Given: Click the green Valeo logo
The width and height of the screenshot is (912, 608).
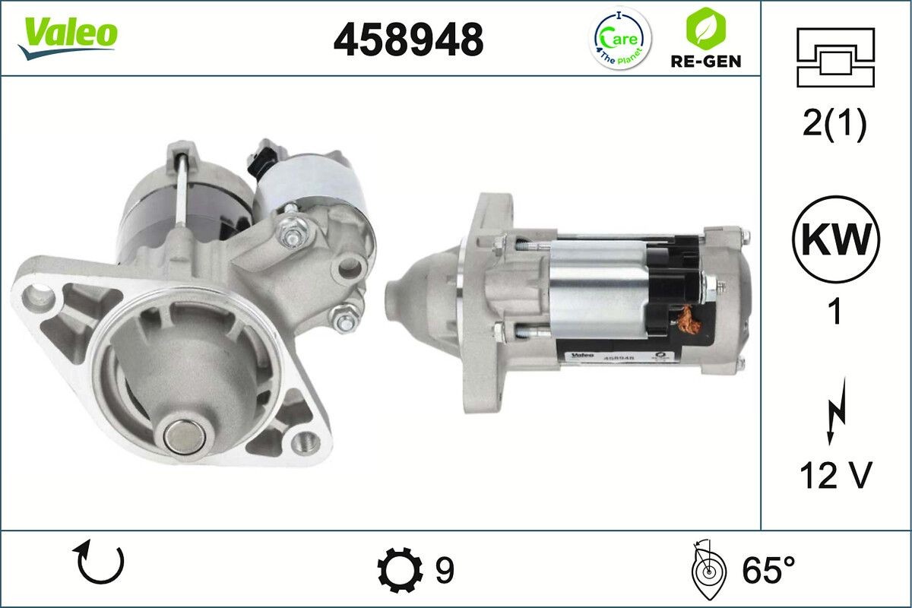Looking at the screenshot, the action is [68, 38].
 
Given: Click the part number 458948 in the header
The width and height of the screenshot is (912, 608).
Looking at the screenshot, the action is [408, 40].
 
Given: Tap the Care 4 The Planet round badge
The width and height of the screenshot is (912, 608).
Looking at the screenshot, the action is [620, 38].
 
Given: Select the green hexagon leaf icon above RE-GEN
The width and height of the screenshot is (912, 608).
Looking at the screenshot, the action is [705, 28].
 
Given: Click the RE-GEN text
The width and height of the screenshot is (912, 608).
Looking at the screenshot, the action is [705, 62].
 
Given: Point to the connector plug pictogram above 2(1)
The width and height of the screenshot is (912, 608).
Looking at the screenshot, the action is [835, 58].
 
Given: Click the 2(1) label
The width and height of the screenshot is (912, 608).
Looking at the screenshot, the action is [834, 125].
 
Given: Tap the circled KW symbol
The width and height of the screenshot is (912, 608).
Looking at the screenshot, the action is [836, 239].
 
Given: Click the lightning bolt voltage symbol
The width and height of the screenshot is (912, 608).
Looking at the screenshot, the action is [836, 411].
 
